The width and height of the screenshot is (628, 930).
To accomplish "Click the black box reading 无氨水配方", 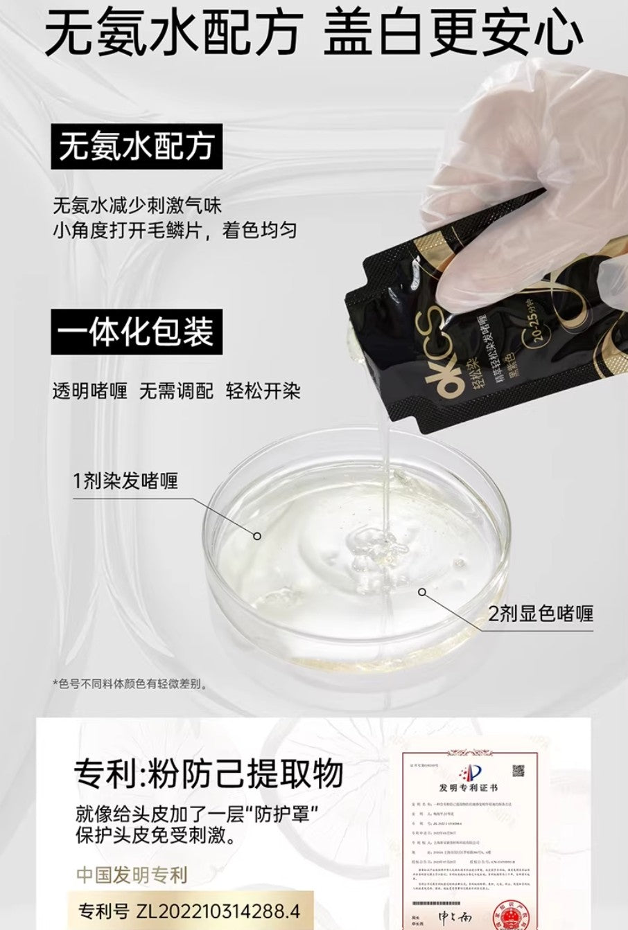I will click(x=137, y=147).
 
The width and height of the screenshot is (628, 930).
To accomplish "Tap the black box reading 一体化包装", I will click(x=136, y=332).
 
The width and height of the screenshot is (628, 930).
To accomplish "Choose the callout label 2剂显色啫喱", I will click(x=541, y=613).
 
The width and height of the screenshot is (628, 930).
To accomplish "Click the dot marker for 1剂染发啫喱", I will click(x=256, y=535).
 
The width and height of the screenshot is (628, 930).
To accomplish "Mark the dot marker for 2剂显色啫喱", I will click(x=422, y=591).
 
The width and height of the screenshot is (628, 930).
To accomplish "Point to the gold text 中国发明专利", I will click(x=132, y=875).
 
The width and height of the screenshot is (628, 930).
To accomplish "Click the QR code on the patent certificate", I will click(x=518, y=771).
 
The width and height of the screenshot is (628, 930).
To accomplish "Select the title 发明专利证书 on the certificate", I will click(x=468, y=788).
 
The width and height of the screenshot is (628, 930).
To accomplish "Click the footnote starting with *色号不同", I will click(x=130, y=684).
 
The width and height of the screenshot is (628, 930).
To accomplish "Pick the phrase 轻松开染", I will click(x=263, y=391).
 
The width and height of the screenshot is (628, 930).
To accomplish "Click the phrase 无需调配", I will click(x=176, y=391).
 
